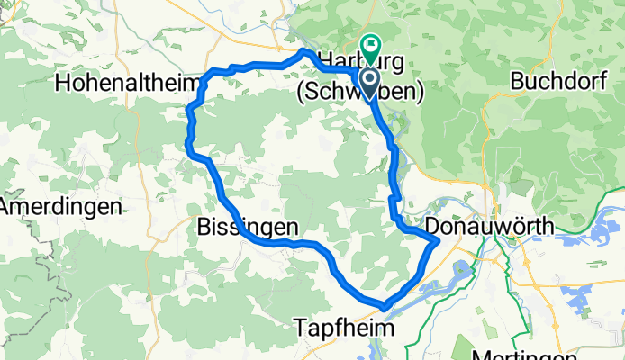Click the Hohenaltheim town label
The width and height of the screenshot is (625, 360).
click(x=126, y=83)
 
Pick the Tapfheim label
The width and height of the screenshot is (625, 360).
click(x=345, y=329)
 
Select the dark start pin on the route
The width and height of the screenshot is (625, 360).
click(x=370, y=83)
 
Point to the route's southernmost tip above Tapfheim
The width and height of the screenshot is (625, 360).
click(x=385, y=306)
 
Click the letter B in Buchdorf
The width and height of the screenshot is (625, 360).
click(x=517, y=81)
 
